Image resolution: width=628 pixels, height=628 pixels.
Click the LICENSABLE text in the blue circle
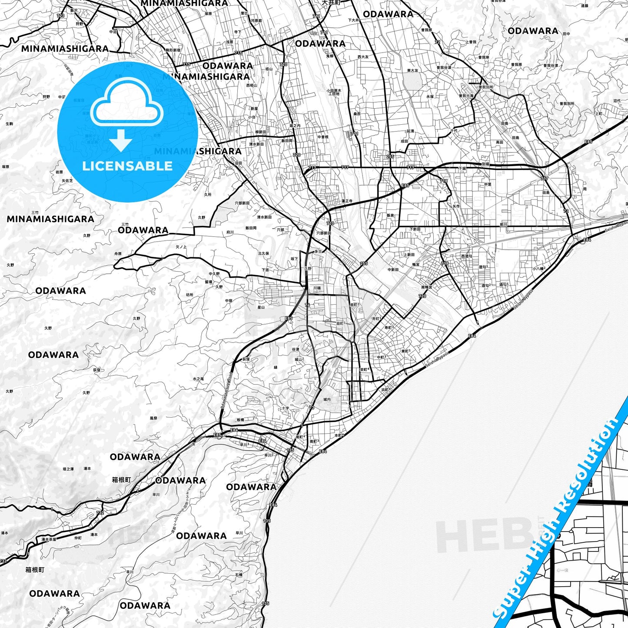point(127,166)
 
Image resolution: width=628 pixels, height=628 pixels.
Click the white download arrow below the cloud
point(121,140)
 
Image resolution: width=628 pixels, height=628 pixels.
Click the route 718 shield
point(443,181)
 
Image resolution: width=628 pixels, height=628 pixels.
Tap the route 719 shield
point(445,264)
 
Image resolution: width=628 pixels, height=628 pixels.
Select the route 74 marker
point(307,305)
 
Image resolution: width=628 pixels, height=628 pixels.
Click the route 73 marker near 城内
point(312,408)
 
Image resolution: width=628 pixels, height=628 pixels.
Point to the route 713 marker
point(60,16)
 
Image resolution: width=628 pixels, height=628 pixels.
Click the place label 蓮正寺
point(346,201)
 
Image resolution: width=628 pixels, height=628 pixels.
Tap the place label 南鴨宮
point(427,287)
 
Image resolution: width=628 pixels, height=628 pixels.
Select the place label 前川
point(503,225)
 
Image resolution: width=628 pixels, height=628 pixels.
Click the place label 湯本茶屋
point(49,539)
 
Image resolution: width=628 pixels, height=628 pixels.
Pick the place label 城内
point(327,399)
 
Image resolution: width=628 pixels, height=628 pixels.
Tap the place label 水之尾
point(198,379)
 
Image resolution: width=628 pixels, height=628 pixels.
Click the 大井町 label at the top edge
point(331,3)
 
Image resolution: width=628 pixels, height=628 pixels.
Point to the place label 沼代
point(617,101)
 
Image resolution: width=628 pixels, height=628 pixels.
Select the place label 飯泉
point(390,215)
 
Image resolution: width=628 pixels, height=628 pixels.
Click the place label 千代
point(454,130)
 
